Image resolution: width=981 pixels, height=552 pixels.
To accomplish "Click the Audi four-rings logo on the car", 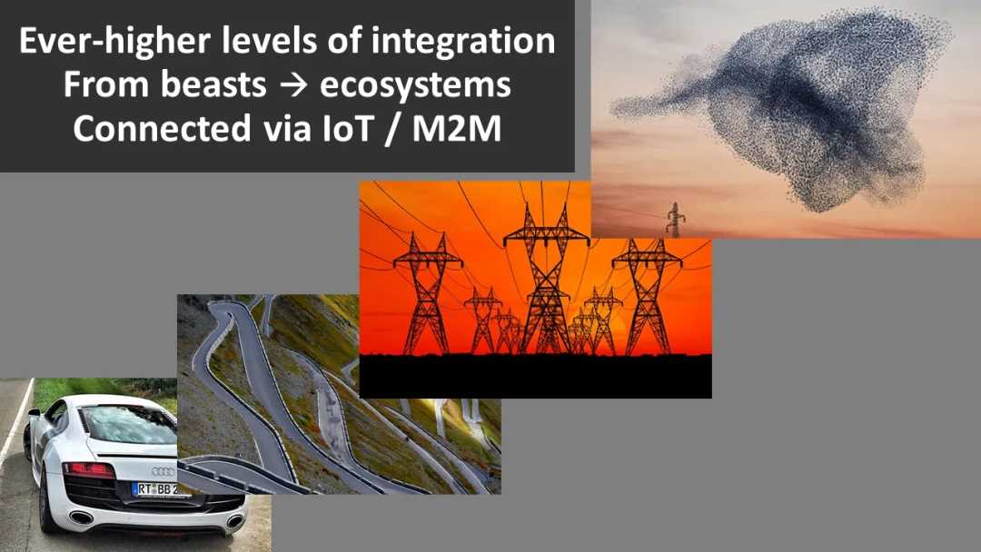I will tap(163, 471).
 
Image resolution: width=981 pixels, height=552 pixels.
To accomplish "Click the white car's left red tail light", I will tap(88, 469).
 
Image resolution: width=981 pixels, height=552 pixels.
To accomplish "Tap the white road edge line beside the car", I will tap(15, 427).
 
